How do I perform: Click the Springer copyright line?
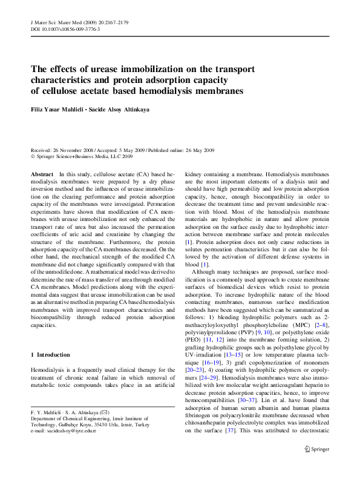(81, 156)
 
